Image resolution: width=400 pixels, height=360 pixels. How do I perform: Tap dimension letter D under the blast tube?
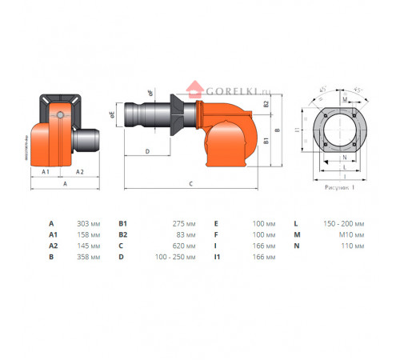point(148,150)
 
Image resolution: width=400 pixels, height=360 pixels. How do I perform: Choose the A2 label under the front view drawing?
point(80,171)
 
